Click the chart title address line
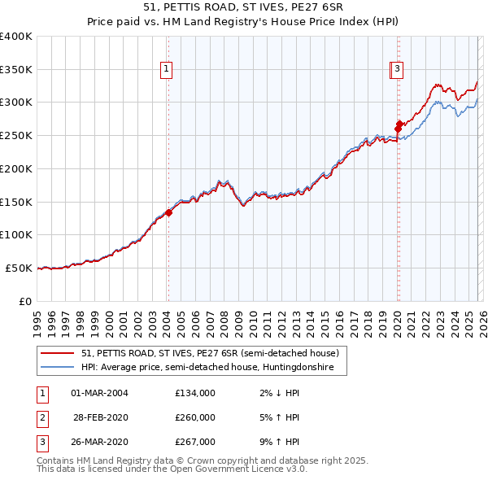tap(244, 7)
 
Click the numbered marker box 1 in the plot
tap(166, 70)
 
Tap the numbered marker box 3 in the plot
tap(398, 70)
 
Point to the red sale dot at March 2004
tap(168, 213)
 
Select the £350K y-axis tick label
tap(16, 70)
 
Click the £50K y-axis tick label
tap(20, 268)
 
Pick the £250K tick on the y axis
tap(16, 136)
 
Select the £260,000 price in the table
tap(195, 417)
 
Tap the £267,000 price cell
tap(195, 442)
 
